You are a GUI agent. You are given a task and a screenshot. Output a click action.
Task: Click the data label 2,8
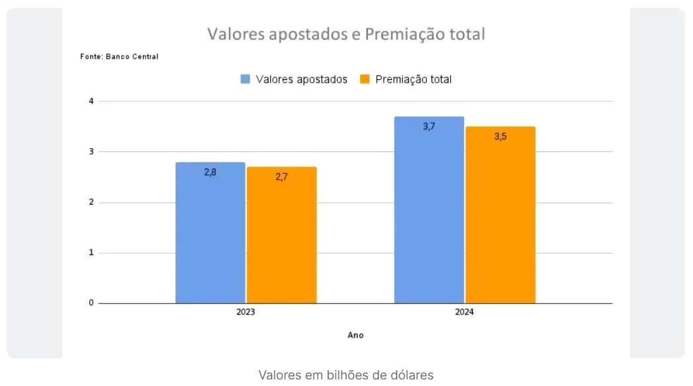pyautogui.click(x=210, y=172)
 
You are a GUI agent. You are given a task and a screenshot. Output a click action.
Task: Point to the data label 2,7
pyautogui.click(x=281, y=176)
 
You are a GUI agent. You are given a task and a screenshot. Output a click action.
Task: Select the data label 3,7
pyautogui.click(x=429, y=126)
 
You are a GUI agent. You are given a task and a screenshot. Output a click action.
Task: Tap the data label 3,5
pyautogui.click(x=500, y=136)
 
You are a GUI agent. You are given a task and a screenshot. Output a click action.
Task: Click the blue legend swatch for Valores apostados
pyautogui.click(x=245, y=79)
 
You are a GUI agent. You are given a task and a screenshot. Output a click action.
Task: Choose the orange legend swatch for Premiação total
pyautogui.click(x=365, y=79)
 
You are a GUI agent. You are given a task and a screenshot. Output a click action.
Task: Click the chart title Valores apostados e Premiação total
pyautogui.click(x=346, y=34)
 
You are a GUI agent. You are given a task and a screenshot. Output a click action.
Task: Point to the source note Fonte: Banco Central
pyautogui.click(x=119, y=57)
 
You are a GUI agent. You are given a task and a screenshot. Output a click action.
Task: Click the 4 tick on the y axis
pyautogui.click(x=91, y=101)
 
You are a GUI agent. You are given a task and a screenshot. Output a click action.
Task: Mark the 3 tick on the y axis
pyautogui.click(x=91, y=151)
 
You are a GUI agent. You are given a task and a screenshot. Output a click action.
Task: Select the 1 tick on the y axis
pyautogui.click(x=91, y=252)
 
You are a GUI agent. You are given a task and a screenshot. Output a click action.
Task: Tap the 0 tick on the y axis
pyautogui.click(x=91, y=303)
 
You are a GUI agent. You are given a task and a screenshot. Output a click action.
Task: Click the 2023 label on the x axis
pyautogui.click(x=246, y=312)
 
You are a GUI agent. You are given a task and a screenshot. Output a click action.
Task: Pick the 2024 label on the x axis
pyautogui.click(x=465, y=312)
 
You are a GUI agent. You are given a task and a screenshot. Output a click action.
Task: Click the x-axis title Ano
pyautogui.click(x=355, y=335)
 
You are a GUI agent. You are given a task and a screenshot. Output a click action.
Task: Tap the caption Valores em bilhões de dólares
pyautogui.click(x=346, y=375)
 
